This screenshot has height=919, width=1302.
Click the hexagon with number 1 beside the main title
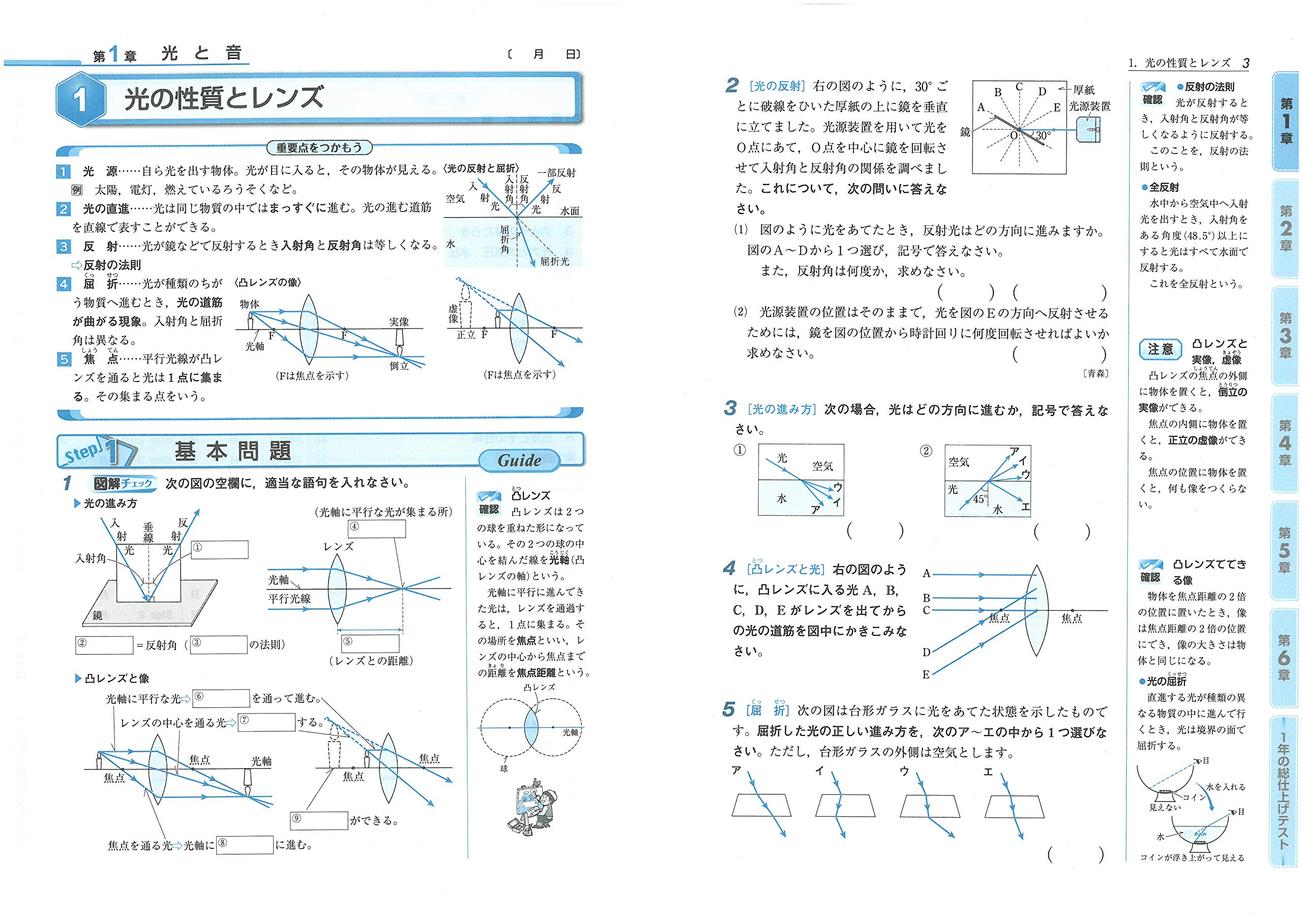[x=81, y=100]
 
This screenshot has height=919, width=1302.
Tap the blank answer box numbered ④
[x=376, y=528]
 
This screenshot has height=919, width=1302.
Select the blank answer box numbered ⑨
[x=319, y=820]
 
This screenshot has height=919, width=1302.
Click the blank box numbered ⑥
[x=221, y=698]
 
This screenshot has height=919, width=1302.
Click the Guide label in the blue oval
[x=519, y=460]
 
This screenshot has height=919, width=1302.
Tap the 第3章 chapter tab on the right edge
[x=1285, y=335]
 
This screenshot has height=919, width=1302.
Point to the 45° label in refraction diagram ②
[x=980, y=499]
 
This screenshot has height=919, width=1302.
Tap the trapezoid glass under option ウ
[x=929, y=805]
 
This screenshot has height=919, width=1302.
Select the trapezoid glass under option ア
[x=761, y=805]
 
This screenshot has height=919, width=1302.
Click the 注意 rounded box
[x=1160, y=349]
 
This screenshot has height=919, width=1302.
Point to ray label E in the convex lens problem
[x=926, y=674]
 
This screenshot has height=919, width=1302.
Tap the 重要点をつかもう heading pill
[x=319, y=148]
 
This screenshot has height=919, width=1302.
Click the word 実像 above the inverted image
[x=399, y=321]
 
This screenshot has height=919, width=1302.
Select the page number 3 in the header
[x=1246, y=64]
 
